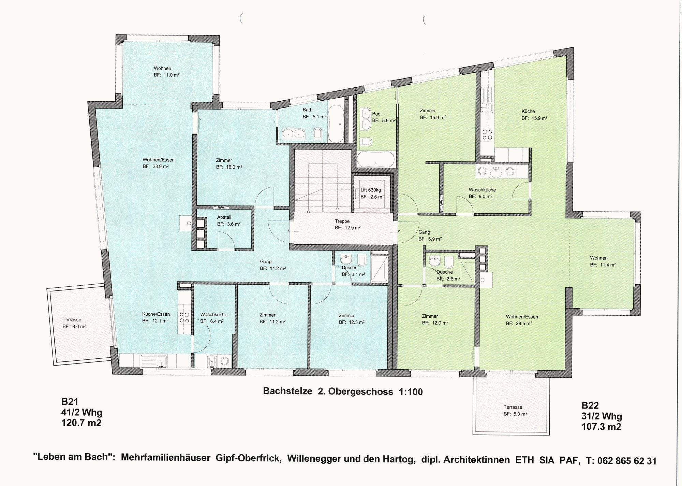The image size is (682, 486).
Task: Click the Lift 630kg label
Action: click(371, 190)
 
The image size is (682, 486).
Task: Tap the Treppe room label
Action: click(342, 221)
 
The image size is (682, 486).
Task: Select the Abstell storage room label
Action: click(224, 217)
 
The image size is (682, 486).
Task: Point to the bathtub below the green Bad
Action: click(376, 159)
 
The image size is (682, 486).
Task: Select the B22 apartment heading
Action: click(590, 405)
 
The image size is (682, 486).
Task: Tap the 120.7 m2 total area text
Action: click(81, 423)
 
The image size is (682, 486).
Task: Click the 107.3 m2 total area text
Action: click(602, 426)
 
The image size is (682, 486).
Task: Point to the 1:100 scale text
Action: click(411, 391)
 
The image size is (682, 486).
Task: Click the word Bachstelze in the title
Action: click(287, 391)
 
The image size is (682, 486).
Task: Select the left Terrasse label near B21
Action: click(72, 320)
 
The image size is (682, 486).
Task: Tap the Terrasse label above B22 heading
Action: click(513, 407)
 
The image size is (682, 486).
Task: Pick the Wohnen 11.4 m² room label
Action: click(603, 261)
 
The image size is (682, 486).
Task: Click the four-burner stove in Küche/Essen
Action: click(184, 318)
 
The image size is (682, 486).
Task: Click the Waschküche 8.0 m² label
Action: click(482, 193)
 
